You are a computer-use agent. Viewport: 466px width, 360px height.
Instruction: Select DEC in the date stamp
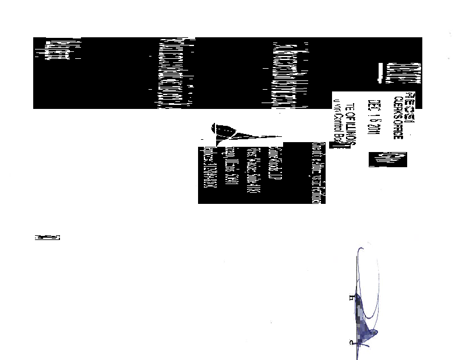[372, 107]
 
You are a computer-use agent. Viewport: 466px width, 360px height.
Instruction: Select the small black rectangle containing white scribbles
[387, 159]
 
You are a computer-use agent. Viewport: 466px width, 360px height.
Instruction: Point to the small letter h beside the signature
[351, 298]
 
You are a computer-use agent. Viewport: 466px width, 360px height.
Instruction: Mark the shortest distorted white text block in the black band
[58, 51]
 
